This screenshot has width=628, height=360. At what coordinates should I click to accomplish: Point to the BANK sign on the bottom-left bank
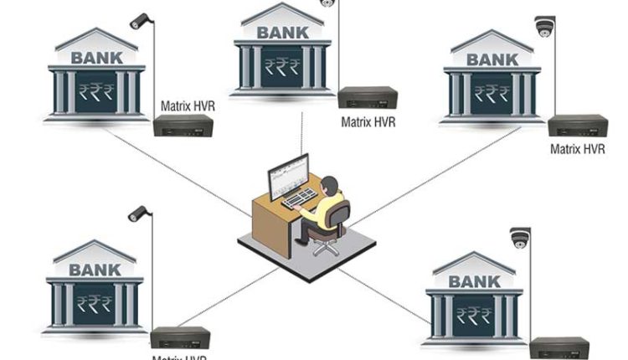95,270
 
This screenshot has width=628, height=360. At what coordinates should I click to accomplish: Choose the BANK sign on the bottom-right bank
474,281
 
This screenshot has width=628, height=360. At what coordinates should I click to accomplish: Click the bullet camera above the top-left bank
138,21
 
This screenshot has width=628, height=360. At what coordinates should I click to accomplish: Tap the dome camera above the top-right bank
545,26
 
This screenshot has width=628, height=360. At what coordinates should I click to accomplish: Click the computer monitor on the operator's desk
287,175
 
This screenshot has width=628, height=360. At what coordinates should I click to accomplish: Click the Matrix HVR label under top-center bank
368,122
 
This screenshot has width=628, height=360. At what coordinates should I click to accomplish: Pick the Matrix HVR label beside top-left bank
187,106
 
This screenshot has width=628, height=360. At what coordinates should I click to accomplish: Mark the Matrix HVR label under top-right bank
577,149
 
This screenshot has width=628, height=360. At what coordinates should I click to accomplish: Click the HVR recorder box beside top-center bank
367,99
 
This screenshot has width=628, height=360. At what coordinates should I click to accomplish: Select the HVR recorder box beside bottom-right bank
559,347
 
